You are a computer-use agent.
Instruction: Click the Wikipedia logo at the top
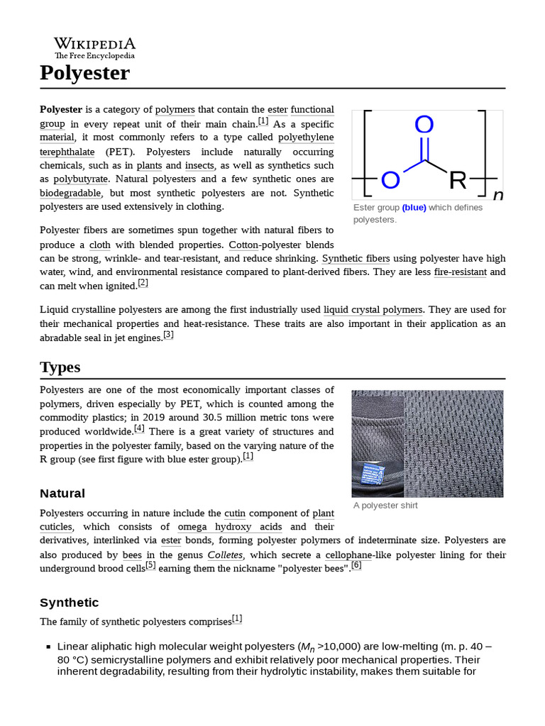pyautogui.click(x=94, y=48)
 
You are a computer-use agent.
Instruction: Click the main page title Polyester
pyautogui.click(x=84, y=72)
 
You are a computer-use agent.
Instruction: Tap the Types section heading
pyautogui.click(x=60, y=367)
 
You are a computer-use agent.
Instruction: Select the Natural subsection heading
pyautogui.click(x=62, y=493)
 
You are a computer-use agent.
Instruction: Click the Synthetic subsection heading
pyautogui.click(x=70, y=603)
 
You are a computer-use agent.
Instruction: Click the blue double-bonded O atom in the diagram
pyautogui.click(x=424, y=125)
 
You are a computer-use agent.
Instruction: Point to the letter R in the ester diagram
pyautogui.click(x=458, y=181)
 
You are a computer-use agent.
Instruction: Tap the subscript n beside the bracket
pyautogui.click(x=498, y=196)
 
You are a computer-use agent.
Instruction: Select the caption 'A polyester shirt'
pyautogui.click(x=385, y=506)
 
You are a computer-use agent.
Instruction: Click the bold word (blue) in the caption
pyautogui.click(x=414, y=208)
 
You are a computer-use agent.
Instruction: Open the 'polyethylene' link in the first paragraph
pyautogui.click(x=305, y=138)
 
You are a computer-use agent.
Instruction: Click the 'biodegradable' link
pyautogui.click(x=70, y=193)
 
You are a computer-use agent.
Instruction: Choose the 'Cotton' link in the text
pyautogui.click(x=243, y=245)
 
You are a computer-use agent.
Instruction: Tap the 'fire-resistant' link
pyautogui.click(x=460, y=272)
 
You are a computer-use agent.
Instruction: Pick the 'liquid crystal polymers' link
pyautogui.click(x=373, y=310)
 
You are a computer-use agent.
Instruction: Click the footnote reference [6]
pyautogui.click(x=356, y=565)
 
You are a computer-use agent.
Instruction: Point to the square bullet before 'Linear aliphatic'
pyautogui.click(x=48, y=647)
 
